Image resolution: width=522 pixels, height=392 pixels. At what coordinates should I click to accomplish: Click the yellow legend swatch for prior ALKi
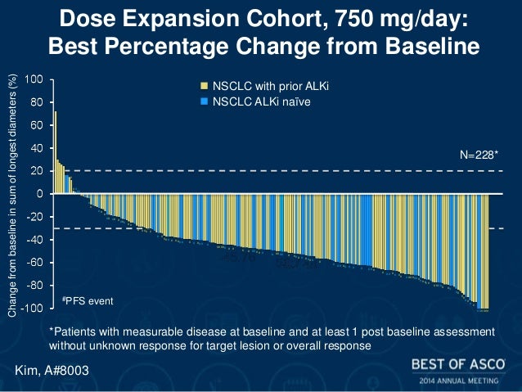(x=205, y=85)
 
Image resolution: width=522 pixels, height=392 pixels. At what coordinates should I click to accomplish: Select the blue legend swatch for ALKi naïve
(x=205, y=101)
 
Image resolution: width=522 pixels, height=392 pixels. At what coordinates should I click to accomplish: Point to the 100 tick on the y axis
(x=34, y=79)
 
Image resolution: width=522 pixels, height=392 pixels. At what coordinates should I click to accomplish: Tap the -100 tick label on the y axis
(x=32, y=309)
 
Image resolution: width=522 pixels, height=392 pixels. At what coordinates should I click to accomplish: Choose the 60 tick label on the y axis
(x=37, y=125)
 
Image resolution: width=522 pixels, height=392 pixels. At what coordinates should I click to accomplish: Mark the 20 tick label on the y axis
(x=37, y=171)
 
